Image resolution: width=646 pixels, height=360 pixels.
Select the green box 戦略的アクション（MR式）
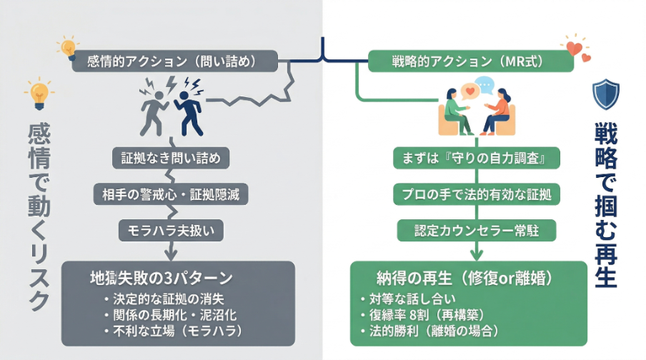[470, 61]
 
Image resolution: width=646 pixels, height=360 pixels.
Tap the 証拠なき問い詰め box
[171, 158]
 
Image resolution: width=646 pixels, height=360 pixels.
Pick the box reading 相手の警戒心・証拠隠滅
[171, 194]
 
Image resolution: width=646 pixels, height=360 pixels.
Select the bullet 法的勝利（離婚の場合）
[433, 331]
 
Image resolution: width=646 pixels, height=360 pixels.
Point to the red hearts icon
[575, 47]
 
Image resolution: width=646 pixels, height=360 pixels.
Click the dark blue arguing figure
[190, 110]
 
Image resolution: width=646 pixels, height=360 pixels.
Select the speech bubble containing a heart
[469, 92]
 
